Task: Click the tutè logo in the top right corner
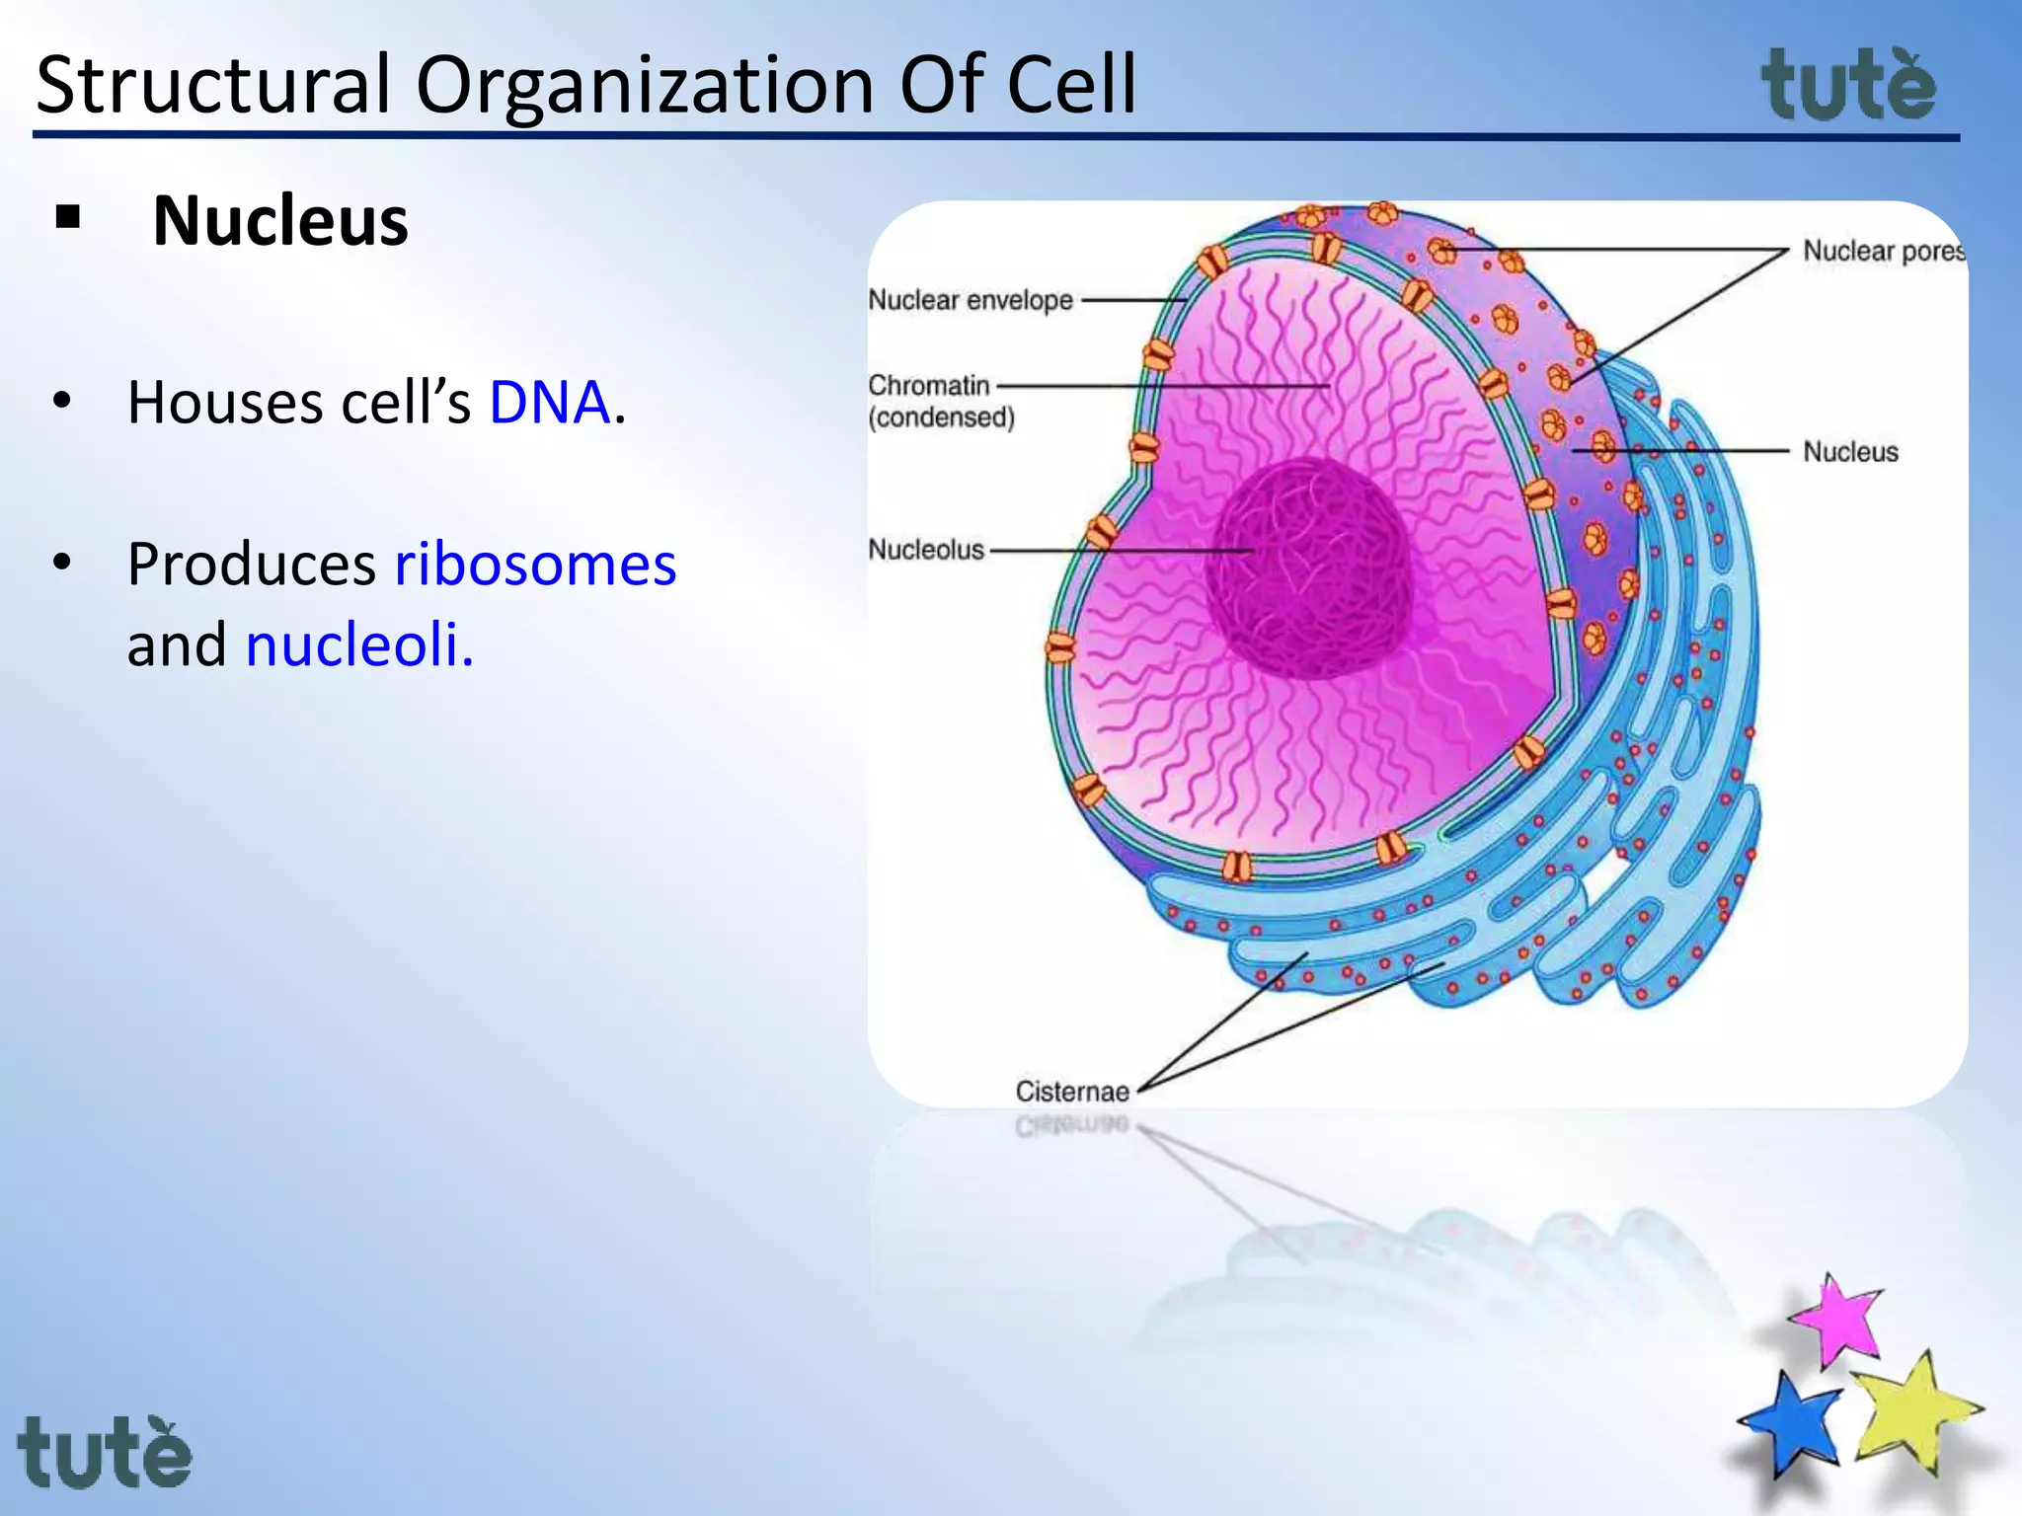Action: [1848, 87]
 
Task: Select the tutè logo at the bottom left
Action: [105, 1453]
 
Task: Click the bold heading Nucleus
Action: [280, 221]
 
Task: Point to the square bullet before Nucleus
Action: [68, 217]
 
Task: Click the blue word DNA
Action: [550, 403]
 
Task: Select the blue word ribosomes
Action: [535, 565]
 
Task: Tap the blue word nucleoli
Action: [359, 645]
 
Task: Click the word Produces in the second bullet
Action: [252, 565]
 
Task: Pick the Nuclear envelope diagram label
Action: [971, 300]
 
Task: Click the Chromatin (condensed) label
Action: [941, 401]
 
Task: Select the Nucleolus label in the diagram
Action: [926, 550]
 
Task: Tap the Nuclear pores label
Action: [1884, 252]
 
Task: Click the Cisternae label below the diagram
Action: [1072, 1092]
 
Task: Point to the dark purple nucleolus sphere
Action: [1308, 568]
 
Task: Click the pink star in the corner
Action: [1838, 1321]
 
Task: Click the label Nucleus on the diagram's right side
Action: [1850, 452]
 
